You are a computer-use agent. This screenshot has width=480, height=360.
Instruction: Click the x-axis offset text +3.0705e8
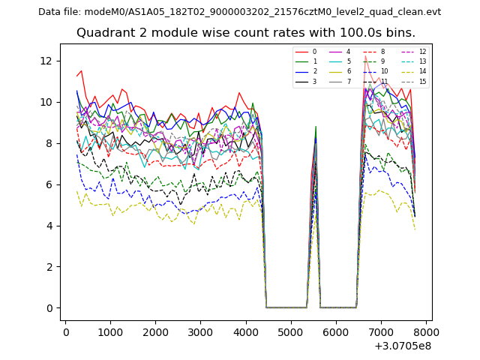pos(402,346)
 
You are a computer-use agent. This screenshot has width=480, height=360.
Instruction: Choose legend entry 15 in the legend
pos(422,81)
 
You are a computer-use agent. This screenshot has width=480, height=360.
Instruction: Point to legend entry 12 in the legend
pos(422,52)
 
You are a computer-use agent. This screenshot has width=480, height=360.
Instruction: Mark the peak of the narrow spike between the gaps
pos(316,127)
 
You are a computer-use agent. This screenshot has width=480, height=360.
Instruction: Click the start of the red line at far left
pos(76,76)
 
